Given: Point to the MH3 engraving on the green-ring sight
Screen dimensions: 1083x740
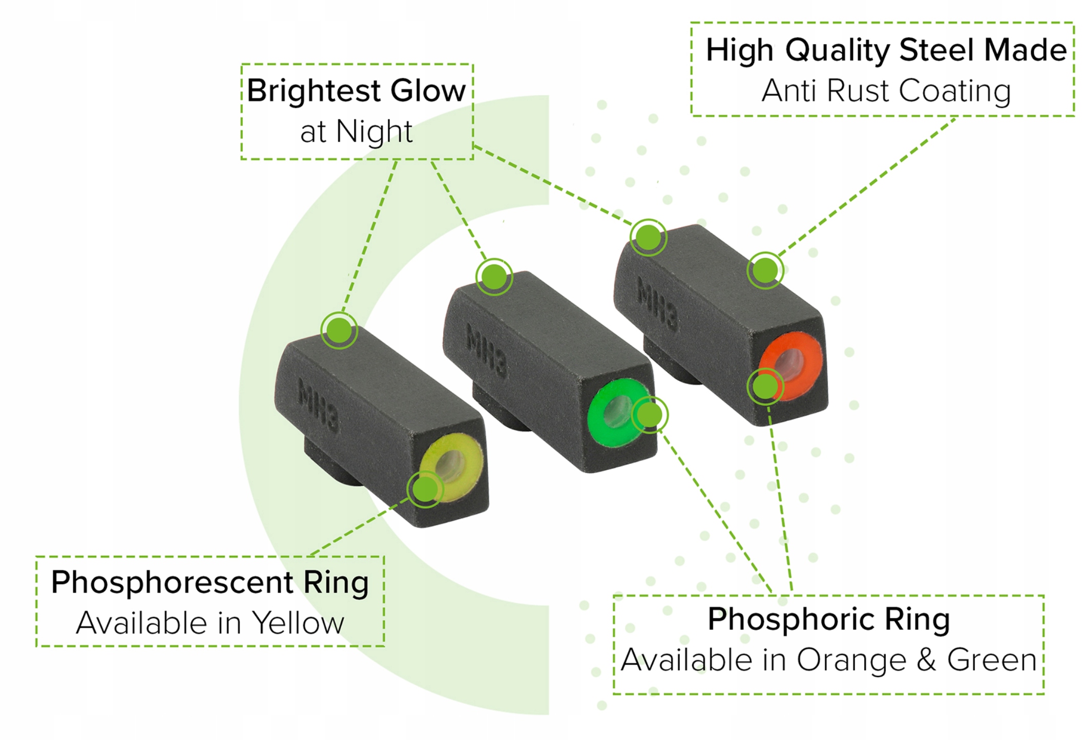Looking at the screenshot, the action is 487,351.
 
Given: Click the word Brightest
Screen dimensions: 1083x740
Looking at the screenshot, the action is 314,91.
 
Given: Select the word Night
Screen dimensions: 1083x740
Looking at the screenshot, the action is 374,132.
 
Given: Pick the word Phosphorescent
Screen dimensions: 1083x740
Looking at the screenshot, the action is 172,582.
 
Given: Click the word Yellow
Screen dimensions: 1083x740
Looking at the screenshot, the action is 298,623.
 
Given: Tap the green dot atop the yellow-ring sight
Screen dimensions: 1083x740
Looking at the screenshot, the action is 339,330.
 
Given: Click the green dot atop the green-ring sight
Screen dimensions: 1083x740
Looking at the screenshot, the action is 494,277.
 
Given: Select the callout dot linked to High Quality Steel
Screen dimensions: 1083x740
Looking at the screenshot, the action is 765,270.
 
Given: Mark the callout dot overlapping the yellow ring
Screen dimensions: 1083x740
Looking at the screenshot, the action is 425,489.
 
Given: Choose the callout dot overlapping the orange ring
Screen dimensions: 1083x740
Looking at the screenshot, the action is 765,387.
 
